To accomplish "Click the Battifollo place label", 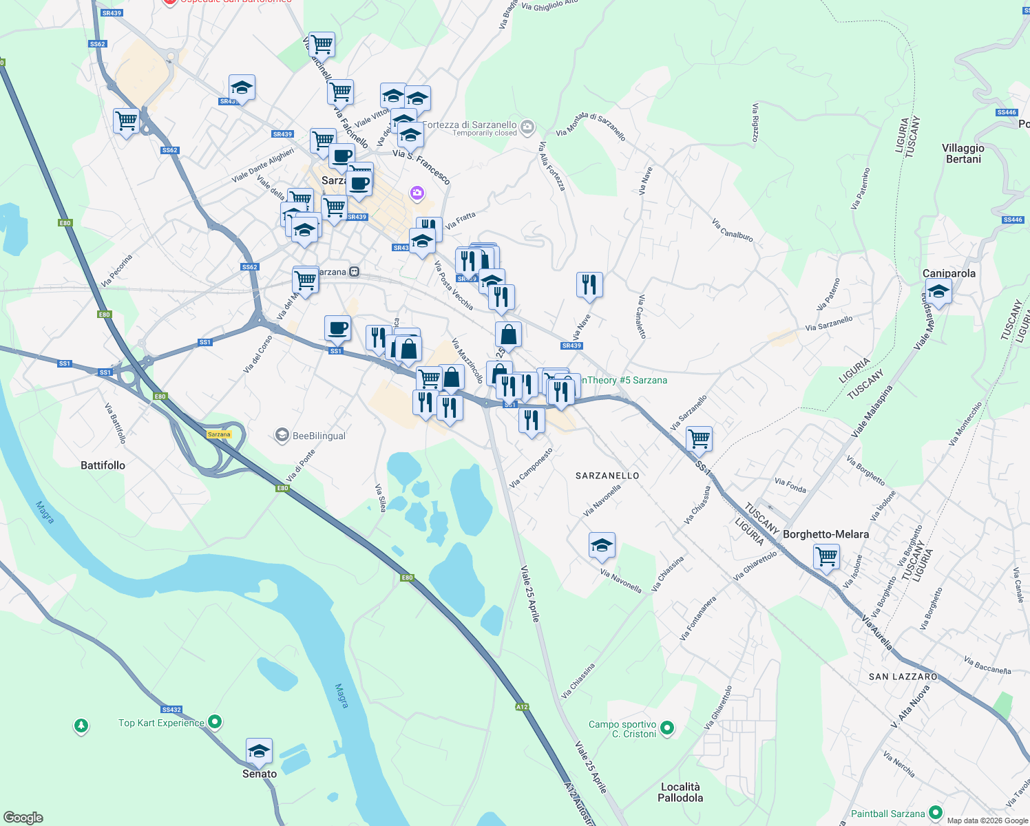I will tap(103, 465).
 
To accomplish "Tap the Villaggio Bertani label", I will tap(963, 153).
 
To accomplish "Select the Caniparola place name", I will tap(949, 273).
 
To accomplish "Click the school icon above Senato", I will tap(259, 751).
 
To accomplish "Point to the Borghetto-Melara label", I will tap(826, 534).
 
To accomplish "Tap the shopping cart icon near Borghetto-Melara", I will tap(826, 556).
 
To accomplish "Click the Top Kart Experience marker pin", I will tap(215, 722).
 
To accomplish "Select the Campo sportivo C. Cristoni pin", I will tap(666, 728).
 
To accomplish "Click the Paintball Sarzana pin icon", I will tap(935, 813).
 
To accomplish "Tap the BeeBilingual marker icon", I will tap(282, 435).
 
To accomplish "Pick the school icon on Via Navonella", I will tap(602, 546).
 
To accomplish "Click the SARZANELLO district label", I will tap(607, 476).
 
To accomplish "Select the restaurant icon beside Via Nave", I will tap(589, 284).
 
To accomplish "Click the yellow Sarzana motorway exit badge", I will tap(219, 434).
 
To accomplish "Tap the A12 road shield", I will tap(522, 707).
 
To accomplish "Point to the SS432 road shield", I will tap(171, 710).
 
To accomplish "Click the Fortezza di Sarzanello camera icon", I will tap(527, 126).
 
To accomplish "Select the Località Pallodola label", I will tap(680, 792).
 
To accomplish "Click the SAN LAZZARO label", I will tap(903, 677).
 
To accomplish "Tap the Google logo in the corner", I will tap(23, 817).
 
